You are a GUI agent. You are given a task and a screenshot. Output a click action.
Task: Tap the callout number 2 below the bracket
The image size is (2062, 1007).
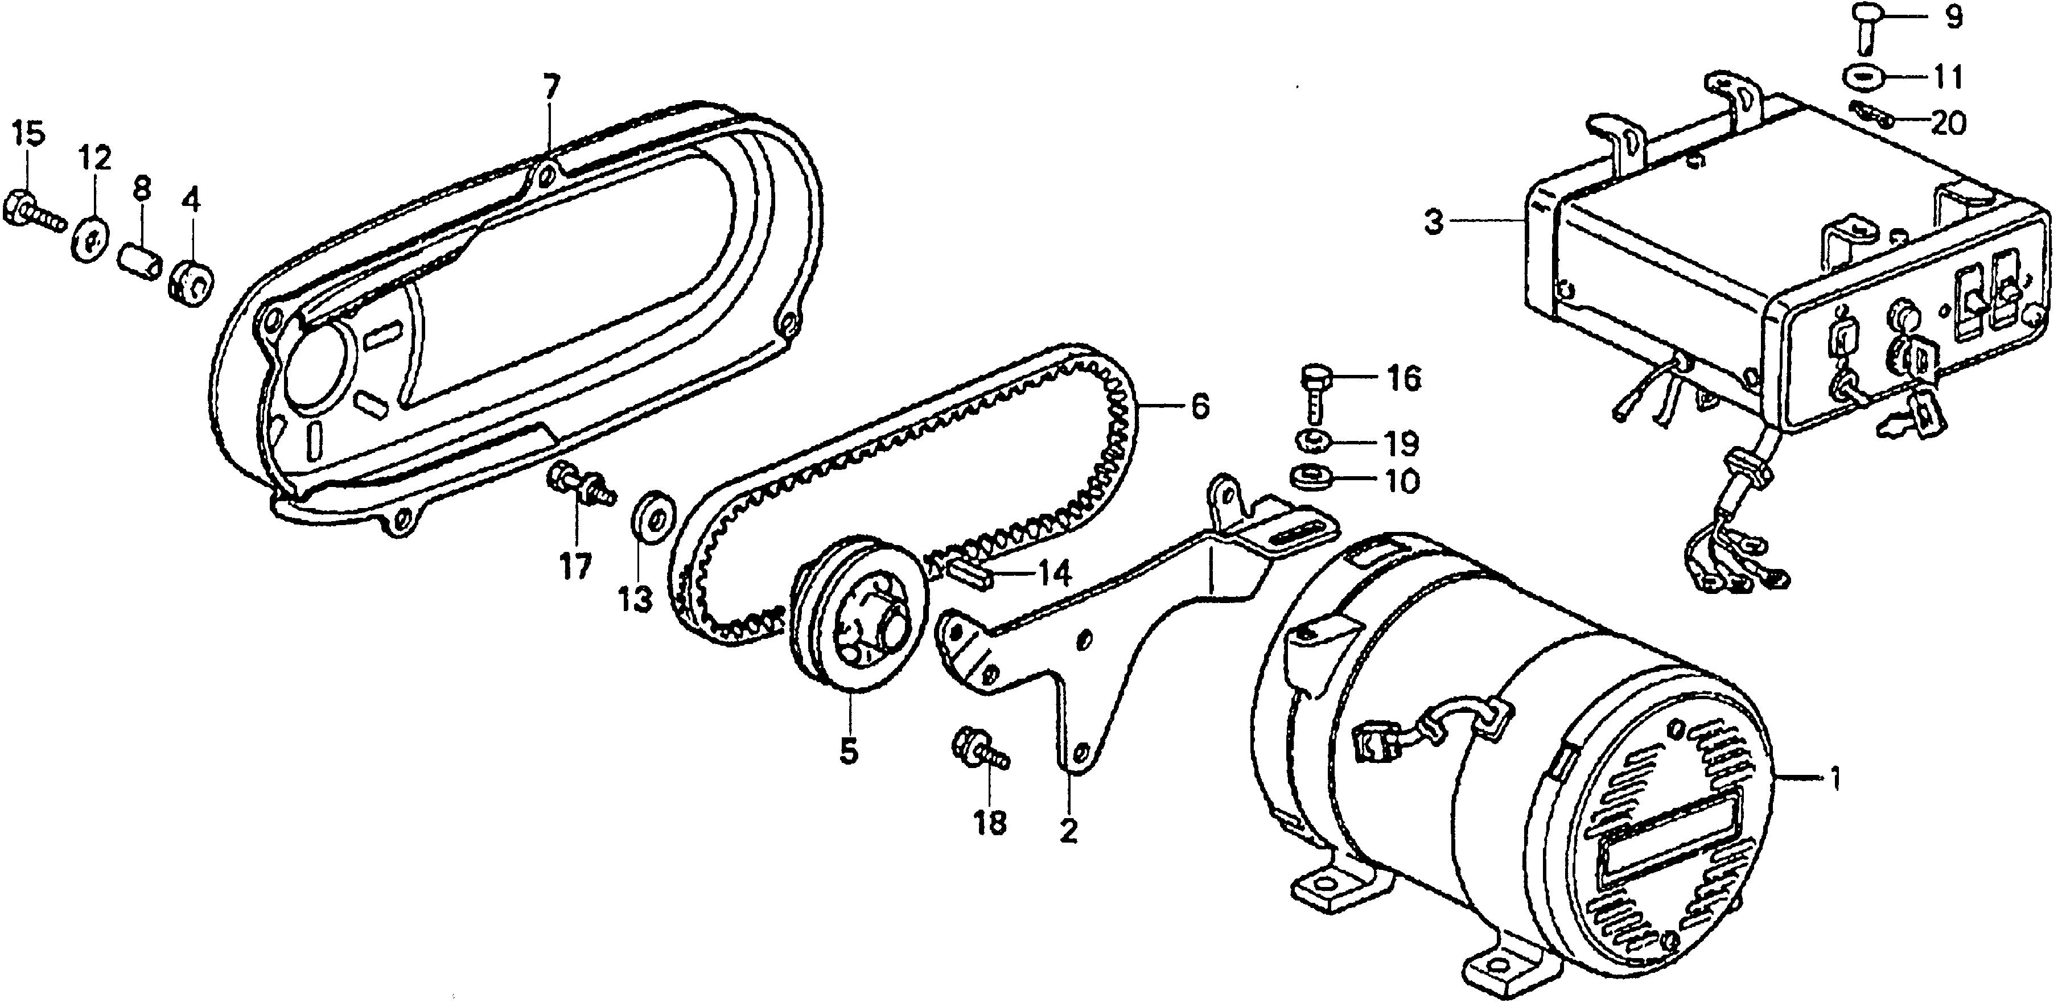click(1069, 830)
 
